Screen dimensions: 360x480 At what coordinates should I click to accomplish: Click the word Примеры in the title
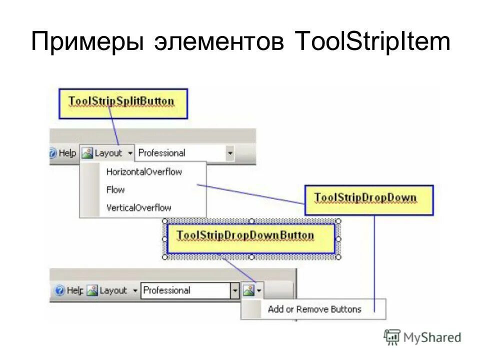pyautogui.click(x=86, y=43)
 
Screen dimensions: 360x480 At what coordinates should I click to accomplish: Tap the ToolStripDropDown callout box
pyautogui.click(x=368, y=198)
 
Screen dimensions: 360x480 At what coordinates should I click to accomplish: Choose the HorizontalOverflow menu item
pyautogui.click(x=144, y=172)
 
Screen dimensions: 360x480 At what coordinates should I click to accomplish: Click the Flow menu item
pyautogui.click(x=115, y=190)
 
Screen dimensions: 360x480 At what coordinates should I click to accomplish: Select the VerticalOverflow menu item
pyautogui.click(x=138, y=207)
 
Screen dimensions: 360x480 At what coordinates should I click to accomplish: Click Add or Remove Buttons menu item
pyautogui.click(x=314, y=309)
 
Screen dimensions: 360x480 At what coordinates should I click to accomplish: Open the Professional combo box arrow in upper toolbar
pyautogui.click(x=230, y=153)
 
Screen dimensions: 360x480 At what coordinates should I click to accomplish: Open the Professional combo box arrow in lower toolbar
pyautogui.click(x=234, y=290)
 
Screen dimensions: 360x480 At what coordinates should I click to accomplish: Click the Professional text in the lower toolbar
pyautogui.click(x=167, y=290)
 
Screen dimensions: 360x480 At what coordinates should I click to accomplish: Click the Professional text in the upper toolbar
pyautogui.click(x=161, y=153)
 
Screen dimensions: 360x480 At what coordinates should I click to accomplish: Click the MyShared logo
pyautogui.click(x=422, y=337)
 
